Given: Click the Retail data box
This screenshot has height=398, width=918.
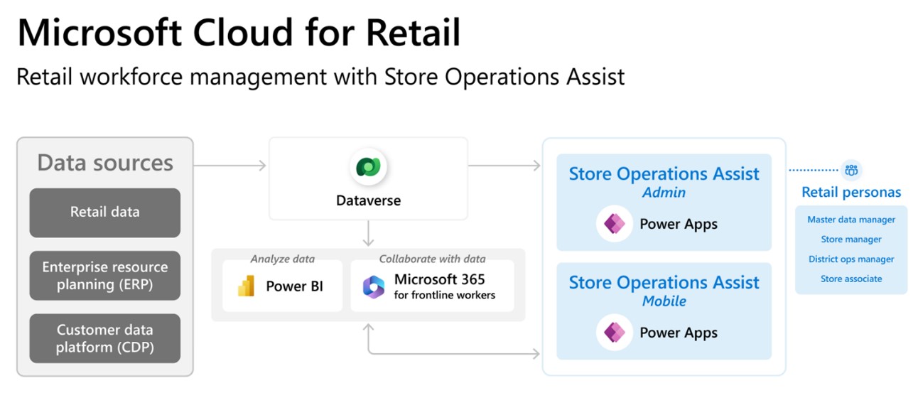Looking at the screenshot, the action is point(105,213).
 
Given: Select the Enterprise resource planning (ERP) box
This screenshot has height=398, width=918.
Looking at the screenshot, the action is point(105,276).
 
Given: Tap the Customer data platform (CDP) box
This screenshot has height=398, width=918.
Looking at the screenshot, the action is point(105,338).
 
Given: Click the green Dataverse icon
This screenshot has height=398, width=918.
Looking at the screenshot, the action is point(368,167).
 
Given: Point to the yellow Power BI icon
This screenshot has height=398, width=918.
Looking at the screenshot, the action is point(247,286).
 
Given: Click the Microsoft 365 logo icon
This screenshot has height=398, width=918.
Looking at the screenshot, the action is point(373,287).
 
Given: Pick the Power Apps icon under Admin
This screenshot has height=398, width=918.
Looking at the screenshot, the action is point(615,224).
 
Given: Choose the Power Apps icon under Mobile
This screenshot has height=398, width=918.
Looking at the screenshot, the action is point(615,333).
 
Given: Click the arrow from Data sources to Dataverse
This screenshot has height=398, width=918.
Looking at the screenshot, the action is point(230,166).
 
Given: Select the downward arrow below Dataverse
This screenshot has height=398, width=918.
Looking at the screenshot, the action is point(369,233).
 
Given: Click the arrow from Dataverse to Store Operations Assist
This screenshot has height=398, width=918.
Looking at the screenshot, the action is point(504,166).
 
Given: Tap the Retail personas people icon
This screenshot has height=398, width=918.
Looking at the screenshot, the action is point(851,170).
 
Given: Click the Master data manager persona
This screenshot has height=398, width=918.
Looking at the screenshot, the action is point(851,220).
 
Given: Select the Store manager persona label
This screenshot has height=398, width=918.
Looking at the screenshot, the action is point(851,240).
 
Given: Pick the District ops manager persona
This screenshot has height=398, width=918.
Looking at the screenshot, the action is point(851,259).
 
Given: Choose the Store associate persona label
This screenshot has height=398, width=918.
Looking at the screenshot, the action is point(851,279).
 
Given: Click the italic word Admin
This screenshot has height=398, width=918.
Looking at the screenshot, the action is point(664,192).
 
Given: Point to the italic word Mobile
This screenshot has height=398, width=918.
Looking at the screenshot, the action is point(664,301).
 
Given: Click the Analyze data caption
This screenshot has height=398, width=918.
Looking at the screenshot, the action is point(282,259).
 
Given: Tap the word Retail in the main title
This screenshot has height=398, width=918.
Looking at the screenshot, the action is point(413,33).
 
